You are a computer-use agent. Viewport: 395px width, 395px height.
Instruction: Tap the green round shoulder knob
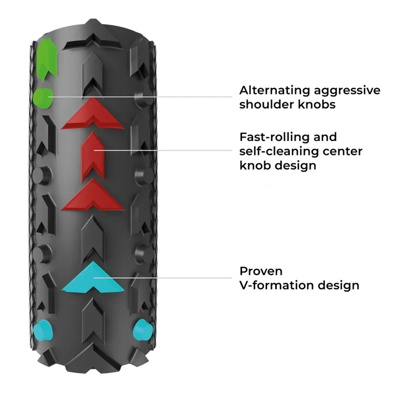43,98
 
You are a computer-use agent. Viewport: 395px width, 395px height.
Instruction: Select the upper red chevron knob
93,115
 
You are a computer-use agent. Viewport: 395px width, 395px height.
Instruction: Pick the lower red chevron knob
93,196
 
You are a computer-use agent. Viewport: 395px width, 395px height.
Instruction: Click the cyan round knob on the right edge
142,331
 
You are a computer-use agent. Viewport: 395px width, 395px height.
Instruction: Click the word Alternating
275,90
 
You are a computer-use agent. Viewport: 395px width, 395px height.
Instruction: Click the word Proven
261,271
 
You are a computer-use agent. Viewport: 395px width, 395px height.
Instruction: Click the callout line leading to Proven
166,277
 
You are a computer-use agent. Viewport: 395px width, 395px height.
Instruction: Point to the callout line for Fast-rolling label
166,150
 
